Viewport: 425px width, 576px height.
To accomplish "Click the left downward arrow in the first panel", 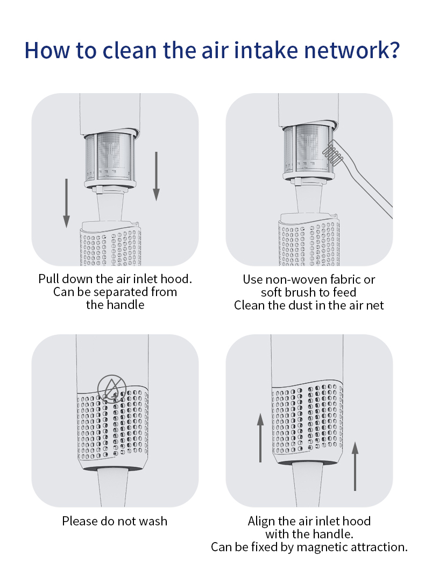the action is tap(66, 203).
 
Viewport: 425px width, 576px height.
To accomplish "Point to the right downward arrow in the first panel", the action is tap(157, 177).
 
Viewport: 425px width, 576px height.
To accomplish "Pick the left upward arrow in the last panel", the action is tap(260, 438).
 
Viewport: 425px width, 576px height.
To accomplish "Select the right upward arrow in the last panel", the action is tap(355, 466).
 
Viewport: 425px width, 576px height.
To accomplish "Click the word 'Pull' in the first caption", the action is tap(49, 279).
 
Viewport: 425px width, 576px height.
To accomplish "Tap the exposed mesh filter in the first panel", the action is tap(110, 156).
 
